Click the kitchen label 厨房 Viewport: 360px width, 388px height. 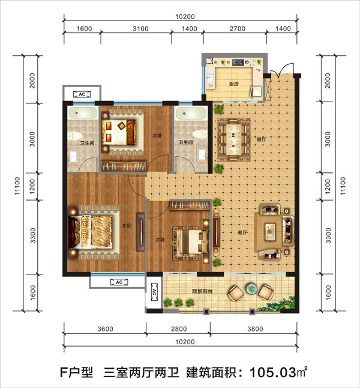[x=233, y=84]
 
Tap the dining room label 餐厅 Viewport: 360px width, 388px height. [x=262, y=139]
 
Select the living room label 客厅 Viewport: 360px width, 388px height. [x=242, y=232]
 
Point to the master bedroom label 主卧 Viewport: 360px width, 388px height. [x=127, y=225]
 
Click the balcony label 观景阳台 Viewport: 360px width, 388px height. [x=202, y=291]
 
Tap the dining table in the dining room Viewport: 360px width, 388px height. [x=233, y=139]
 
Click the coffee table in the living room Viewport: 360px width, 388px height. [x=270, y=232]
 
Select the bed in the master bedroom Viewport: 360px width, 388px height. [x=94, y=232]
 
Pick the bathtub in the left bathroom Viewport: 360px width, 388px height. [x=83, y=113]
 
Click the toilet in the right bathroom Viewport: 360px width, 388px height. [x=200, y=134]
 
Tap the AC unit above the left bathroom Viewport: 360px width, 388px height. [x=82, y=94]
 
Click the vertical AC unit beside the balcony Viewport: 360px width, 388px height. [x=154, y=292]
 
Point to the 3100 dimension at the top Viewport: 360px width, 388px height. [x=140, y=29]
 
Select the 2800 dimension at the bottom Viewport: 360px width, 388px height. [x=179, y=329]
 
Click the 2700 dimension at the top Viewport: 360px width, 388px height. [x=238, y=29]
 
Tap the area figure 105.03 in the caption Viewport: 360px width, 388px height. [x=273, y=372]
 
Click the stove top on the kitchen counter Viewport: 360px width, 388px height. [x=238, y=62]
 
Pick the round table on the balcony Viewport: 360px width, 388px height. [x=251, y=289]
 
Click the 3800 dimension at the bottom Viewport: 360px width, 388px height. [x=255, y=329]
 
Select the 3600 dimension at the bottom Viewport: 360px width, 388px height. [x=105, y=329]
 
